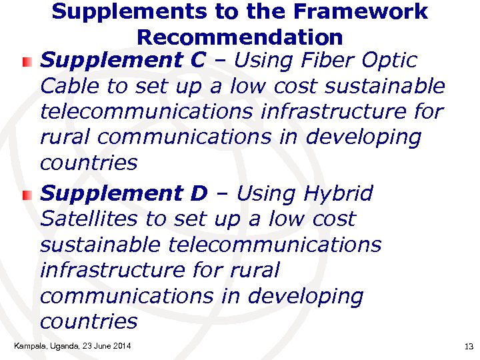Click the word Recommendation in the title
click(240, 37)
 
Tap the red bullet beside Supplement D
click(25, 195)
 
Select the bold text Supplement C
click(123, 61)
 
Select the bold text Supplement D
click(124, 193)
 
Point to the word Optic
click(391, 61)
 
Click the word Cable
click(65, 86)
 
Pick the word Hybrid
click(338, 193)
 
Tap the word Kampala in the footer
click(27, 345)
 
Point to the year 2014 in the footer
click(121, 345)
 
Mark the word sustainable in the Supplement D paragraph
click(101, 245)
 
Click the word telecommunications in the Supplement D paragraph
click(275, 245)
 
